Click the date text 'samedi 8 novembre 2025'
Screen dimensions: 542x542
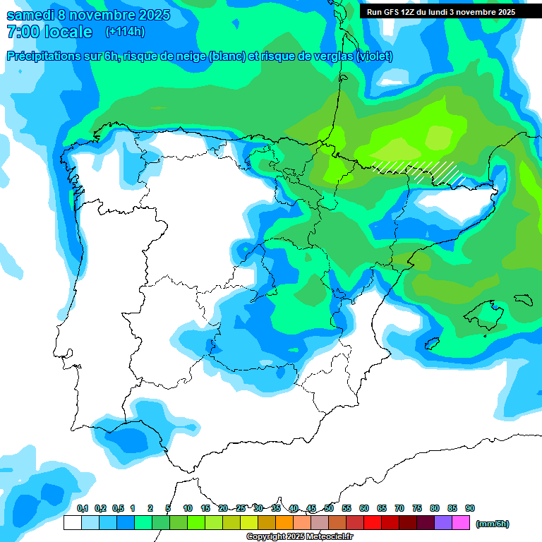[88, 15]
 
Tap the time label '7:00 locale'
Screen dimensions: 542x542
[49, 32]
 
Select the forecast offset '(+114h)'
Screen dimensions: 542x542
[125, 32]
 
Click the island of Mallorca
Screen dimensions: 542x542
[483, 314]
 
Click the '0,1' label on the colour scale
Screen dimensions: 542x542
[83, 508]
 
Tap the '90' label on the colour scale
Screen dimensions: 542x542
[470, 508]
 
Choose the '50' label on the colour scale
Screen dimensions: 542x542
[329, 508]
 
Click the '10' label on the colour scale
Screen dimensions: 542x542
[188, 508]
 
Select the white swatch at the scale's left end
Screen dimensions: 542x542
[72, 523]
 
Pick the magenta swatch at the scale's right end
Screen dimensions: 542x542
[461, 523]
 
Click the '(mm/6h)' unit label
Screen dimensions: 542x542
[493, 524]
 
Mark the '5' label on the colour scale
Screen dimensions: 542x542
[167, 508]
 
